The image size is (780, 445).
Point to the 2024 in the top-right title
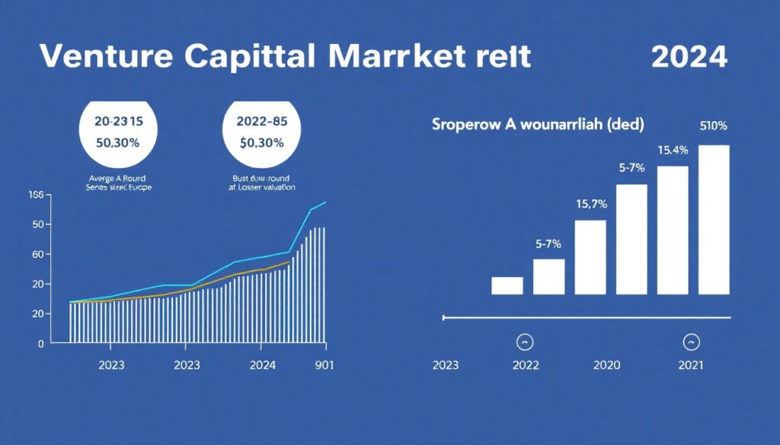point(689,57)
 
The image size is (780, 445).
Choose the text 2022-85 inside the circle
point(261,119)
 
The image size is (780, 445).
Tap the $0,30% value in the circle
point(261,142)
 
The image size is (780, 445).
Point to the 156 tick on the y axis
point(36,195)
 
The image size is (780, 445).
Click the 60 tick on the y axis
point(38,254)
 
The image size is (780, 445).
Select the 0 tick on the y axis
point(41,343)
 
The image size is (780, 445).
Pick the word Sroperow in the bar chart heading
point(462,124)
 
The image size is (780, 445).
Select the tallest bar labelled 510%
point(714,220)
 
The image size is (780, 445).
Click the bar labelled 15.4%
point(673,230)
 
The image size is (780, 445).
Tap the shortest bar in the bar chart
point(507,285)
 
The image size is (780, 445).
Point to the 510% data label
point(713,126)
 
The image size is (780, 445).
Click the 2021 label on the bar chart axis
point(692,365)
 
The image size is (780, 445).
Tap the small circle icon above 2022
point(525,341)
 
